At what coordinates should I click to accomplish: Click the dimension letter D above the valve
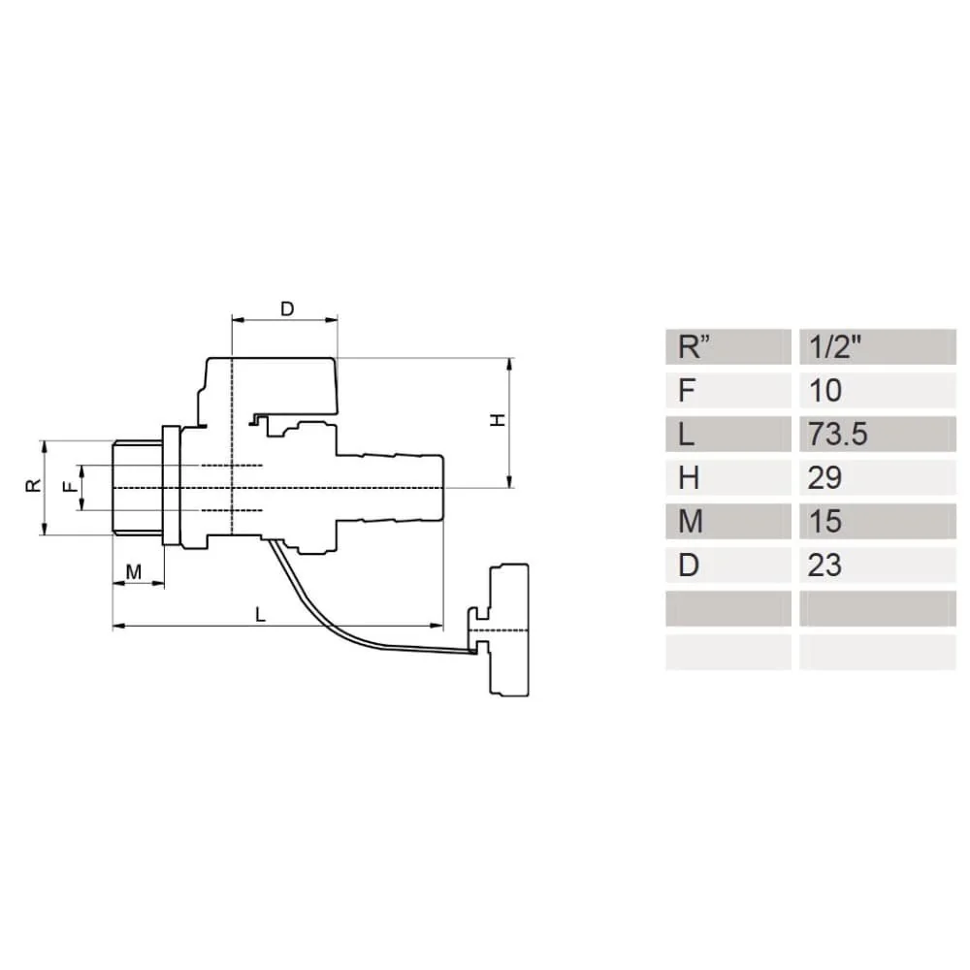point(287,308)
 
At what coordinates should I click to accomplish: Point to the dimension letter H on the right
point(497,420)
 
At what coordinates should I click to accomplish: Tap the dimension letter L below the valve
point(259,613)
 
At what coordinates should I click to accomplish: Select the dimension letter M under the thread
point(135,572)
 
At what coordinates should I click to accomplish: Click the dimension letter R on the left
point(33,486)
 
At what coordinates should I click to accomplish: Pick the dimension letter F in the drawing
point(68,487)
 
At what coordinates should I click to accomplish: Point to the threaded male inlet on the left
point(136,486)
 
